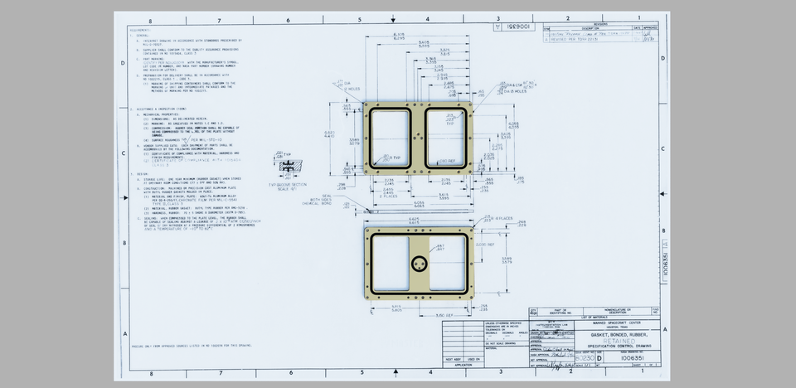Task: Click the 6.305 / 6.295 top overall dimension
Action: click(398, 35)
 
